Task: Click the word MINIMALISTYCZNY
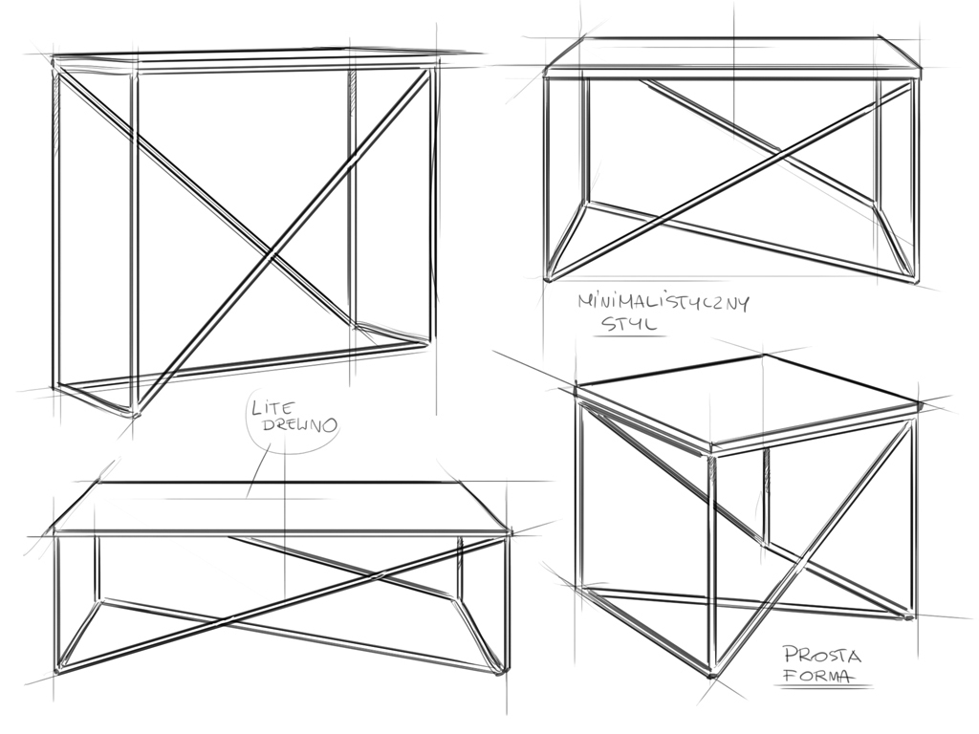coord(664,303)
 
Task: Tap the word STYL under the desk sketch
coord(629,324)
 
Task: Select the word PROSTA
coord(822,655)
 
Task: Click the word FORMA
coord(818,676)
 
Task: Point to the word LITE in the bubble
coord(272,408)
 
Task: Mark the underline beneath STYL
coord(629,337)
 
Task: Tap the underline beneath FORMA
coord(823,687)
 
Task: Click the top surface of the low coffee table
coord(282,507)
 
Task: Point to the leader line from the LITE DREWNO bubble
coord(258,471)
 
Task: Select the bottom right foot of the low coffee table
coord(499,672)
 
